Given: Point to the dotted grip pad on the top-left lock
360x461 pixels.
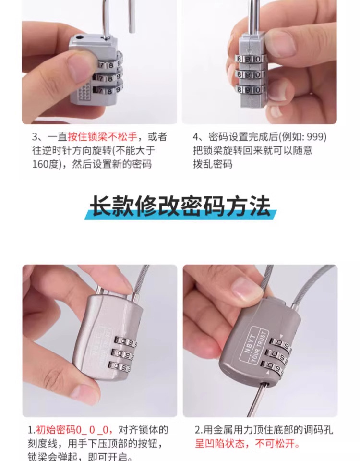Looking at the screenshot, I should (84, 91).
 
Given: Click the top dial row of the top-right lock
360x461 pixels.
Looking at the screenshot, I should (250, 59).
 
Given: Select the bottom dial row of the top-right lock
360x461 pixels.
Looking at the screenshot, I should (250, 90).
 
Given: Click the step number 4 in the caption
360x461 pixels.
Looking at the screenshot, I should (195, 137).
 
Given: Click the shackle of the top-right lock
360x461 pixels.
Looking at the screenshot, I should (252, 14).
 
